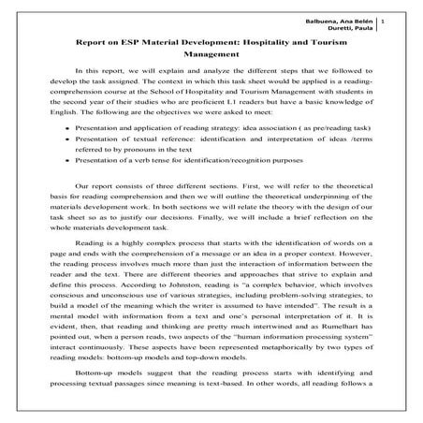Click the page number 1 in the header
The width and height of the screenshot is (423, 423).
pos(407,20)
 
